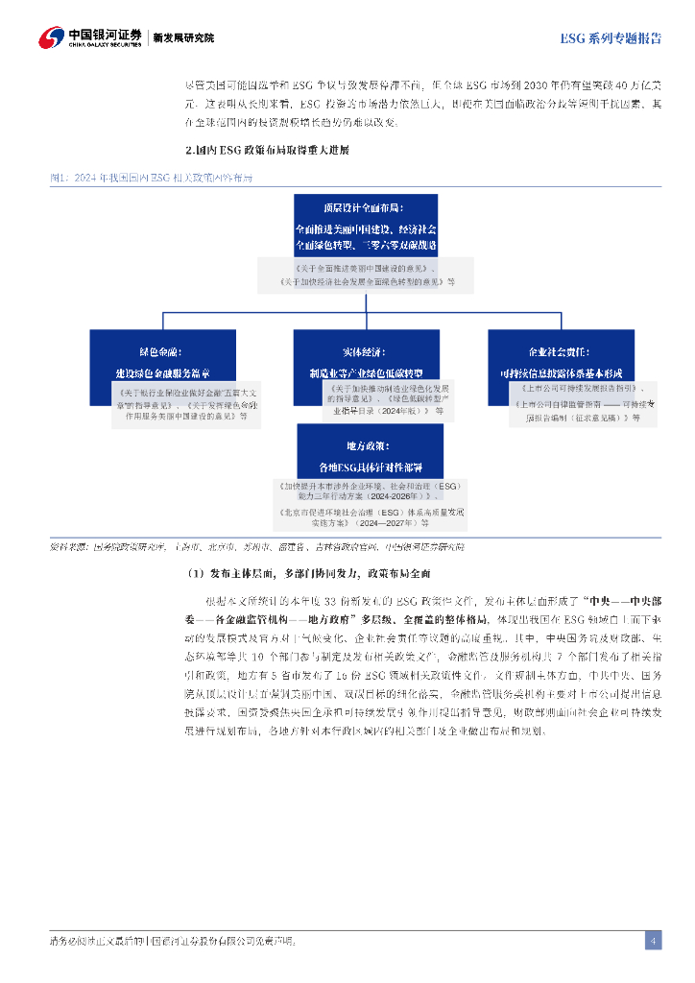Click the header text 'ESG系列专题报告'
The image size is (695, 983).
[611, 38]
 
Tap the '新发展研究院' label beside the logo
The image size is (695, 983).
[184, 38]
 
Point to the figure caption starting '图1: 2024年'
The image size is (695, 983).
[154, 178]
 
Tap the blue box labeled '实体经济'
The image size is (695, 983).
[366, 357]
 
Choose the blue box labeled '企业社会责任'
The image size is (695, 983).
[563, 357]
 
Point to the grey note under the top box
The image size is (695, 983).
[366, 275]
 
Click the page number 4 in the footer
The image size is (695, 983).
[653, 941]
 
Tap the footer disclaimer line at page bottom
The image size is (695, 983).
[173, 942]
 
